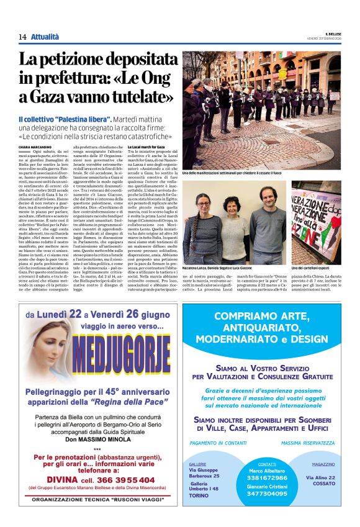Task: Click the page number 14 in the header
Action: click(x=22, y=37)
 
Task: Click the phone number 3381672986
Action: click(x=267, y=477)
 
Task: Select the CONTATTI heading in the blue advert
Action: click(x=267, y=464)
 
